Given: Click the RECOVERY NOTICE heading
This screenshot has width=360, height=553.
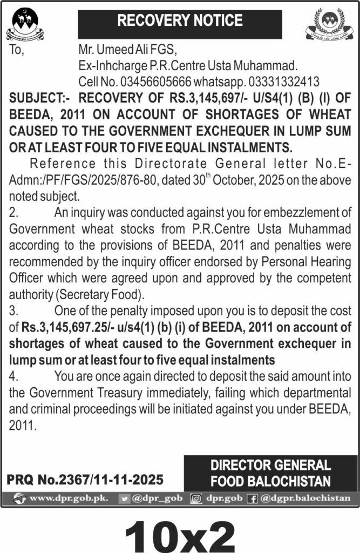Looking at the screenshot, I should [x=180, y=22].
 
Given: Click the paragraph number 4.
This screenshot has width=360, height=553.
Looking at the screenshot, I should [x=13, y=376].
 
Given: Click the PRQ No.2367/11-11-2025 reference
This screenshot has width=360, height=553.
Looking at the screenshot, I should [x=85, y=479].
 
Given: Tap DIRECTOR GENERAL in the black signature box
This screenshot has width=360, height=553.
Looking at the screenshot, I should [x=270, y=465].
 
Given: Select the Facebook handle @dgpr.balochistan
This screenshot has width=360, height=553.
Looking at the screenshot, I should [x=305, y=498].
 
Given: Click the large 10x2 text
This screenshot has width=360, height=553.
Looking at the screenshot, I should [x=180, y=532].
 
